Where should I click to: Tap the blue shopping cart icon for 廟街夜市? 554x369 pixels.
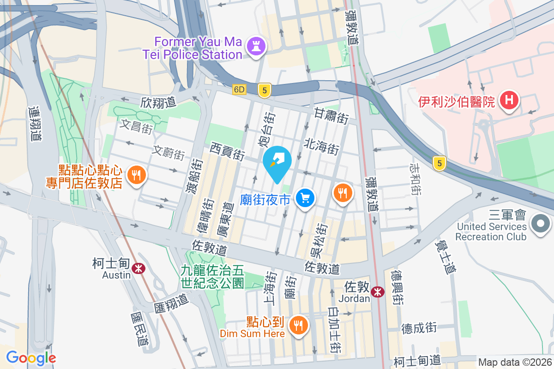tap(305, 199)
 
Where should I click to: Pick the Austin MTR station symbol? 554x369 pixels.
tap(137, 268)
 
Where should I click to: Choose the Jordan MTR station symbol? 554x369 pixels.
tap(378, 291)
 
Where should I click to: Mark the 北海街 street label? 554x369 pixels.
tap(322, 147)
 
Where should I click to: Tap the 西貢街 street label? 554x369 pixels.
tap(227, 151)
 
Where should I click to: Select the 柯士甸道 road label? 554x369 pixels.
tap(417, 360)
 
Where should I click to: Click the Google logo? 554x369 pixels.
tap(31, 358)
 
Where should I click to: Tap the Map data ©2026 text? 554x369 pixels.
tap(514, 363)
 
